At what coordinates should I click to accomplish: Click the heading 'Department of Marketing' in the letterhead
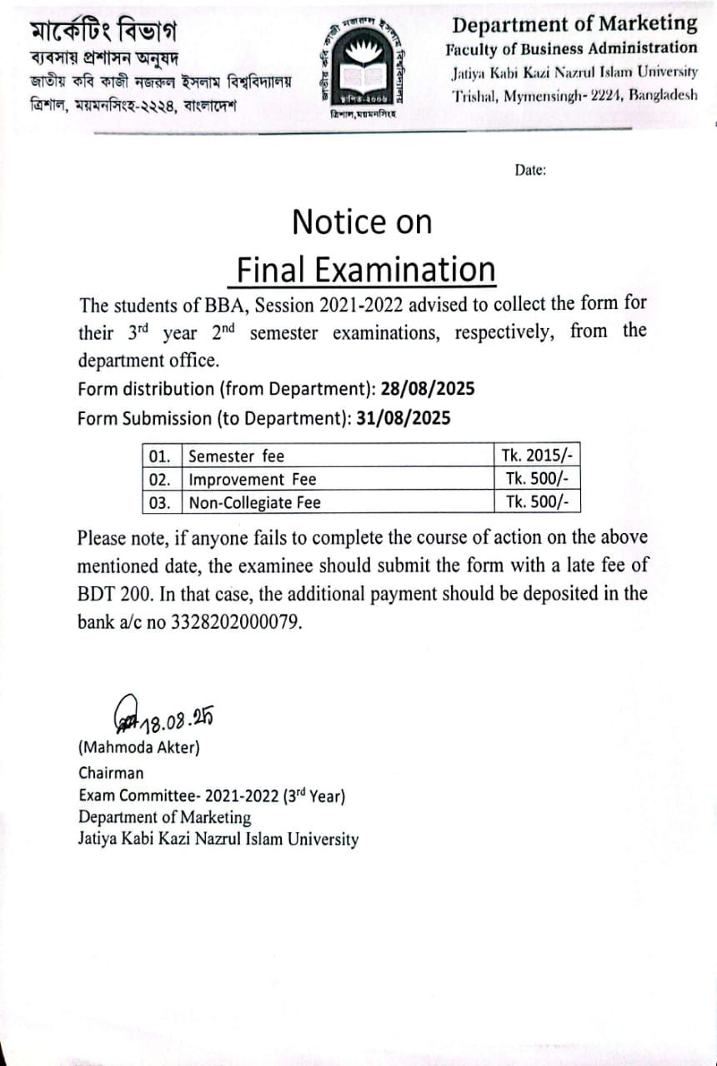pos(574,23)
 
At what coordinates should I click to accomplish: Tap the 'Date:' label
pos(530,170)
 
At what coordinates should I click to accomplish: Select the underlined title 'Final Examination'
pos(365,270)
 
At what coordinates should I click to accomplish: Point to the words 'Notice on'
pos(362,222)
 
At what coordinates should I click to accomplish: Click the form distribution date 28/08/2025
pos(429,389)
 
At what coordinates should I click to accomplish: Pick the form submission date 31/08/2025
pos(404,418)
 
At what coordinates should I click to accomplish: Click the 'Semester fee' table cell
pos(237,456)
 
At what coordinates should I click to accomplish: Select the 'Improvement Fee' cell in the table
pos(253,479)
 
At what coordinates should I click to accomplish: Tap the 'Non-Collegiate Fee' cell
pos(254,502)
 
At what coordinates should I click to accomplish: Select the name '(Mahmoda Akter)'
pos(139,747)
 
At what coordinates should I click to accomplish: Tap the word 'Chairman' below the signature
pos(111,773)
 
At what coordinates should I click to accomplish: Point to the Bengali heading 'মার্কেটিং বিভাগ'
pos(103,31)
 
